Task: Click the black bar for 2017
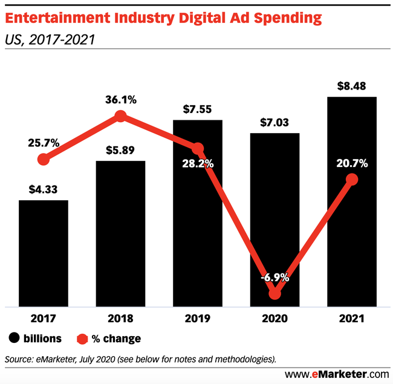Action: point(43,253)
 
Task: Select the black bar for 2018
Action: point(120,233)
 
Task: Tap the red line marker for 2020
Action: point(275,293)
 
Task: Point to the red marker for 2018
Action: point(120,116)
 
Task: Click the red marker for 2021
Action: point(352,180)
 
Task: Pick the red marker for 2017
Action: point(43,160)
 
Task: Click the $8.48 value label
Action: point(352,85)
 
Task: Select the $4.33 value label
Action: point(43,189)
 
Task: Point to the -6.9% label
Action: point(275,279)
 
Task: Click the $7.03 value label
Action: point(275,123)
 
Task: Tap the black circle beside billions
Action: point(13,338)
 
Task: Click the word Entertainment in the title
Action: point(57,18)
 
